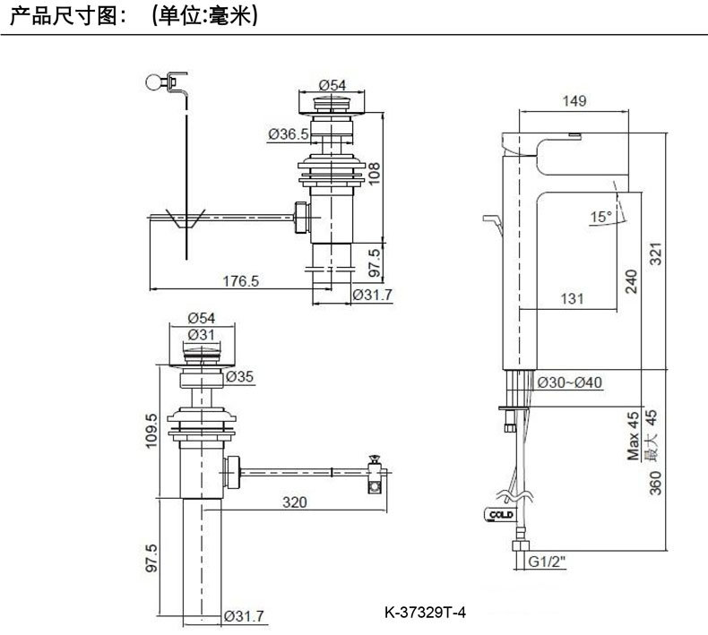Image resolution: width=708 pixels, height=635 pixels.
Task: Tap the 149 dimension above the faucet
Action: (574, 101)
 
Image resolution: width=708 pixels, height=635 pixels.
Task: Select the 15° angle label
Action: (600, 217)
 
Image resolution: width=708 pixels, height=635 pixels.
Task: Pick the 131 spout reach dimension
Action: (574, 298)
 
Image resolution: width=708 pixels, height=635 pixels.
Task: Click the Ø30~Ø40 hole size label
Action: (570, 382)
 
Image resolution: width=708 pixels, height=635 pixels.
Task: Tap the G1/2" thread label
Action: (547, 562)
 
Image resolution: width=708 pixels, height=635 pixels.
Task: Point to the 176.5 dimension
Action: (240, 280)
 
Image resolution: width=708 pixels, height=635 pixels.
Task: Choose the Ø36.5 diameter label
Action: (288, 134)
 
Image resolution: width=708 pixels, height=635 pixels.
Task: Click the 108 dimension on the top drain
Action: (376, 172)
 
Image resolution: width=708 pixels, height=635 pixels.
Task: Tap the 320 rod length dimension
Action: (295, 502)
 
